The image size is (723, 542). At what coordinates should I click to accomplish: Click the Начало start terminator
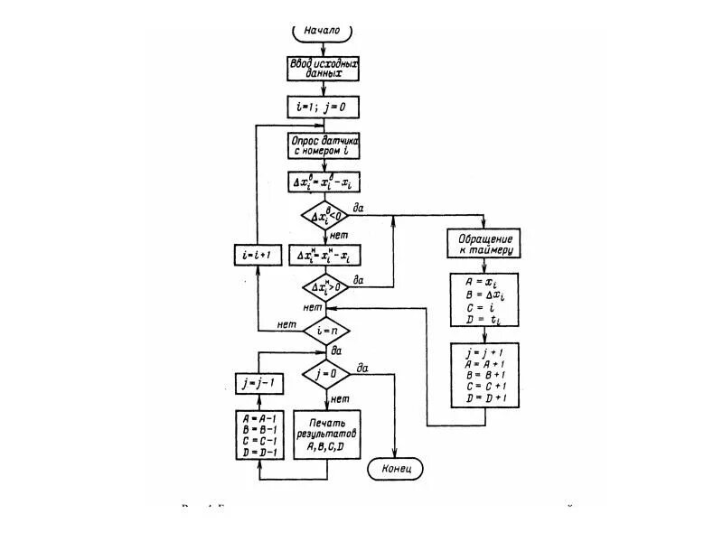pos(323,31)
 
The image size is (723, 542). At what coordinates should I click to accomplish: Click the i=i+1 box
pos(258,256)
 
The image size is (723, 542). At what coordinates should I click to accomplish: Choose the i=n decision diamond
pos(325,331)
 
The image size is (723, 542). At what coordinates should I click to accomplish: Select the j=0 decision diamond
pos(325,372)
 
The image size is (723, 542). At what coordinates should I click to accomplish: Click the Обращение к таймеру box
pos(484,244)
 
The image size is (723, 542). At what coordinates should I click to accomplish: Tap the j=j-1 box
pos(259,382)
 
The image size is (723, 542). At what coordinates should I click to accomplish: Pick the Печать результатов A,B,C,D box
pos(325,435)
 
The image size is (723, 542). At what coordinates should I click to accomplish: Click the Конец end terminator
pos(395,469)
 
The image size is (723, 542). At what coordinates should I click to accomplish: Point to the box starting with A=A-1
pos(259,435)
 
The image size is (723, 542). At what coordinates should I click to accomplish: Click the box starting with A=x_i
pos(484,300)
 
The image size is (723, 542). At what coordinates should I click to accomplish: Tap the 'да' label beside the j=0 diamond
pos(362,366)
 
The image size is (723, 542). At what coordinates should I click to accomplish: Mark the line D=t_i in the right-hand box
pos(484,319)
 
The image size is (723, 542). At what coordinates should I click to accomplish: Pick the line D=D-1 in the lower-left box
pos(259,451)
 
